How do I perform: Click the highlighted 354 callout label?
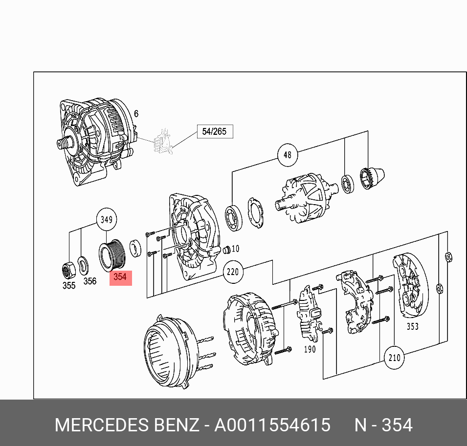(x=120, y=277)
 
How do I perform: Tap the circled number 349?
(x=107, y=220)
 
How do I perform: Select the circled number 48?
(x=287, y=155)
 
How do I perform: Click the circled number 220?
(x=233, y=272)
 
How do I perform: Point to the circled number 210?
(x=394, y=358)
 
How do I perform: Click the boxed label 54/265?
(x=215, y=131)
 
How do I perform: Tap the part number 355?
(x=69, y=285)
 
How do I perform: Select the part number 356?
(x=89, y=281)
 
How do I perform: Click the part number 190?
(x=310, y=349)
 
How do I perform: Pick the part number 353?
(x=412, y=326)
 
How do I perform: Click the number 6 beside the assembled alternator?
(x=136, y=114)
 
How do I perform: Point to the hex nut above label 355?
(x=68, y=268)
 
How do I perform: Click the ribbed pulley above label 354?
(x=113, y=255)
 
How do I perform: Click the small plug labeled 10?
(x=226, y=250)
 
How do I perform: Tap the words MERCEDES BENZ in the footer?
(x=127, y=425)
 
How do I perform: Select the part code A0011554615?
(x=273, y=425)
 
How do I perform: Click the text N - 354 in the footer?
(x=383, y=425)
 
